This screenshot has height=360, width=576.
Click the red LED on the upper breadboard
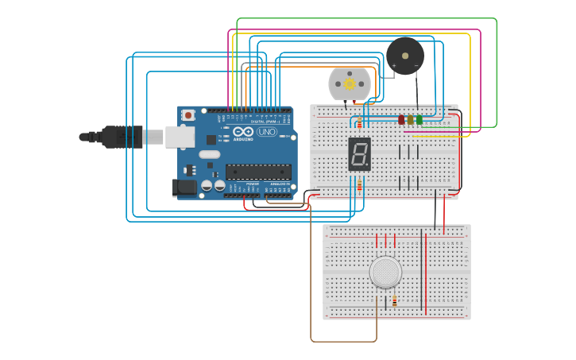pos(401,119)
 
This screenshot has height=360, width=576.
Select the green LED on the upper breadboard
pos(419,119)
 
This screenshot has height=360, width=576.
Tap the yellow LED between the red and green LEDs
pos(410,119)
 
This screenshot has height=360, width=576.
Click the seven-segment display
pos(359,153)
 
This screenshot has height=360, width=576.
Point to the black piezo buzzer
pos(405,56)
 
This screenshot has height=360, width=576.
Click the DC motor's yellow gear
pos(350,83)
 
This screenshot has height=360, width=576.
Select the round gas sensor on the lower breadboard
pos(385,272)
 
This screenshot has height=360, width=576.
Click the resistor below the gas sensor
pos(395,300)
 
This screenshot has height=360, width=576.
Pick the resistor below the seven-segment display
pos(359,185)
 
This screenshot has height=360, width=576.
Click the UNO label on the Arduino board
pos(267,131)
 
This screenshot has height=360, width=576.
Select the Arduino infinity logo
pos(244,131)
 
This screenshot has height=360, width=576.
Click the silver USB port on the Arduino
pos(180,137)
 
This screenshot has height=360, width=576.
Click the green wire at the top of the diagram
pos(365,18)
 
